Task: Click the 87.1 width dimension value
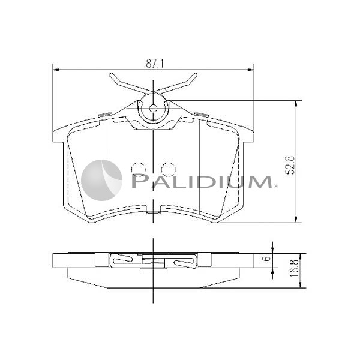pyautogui.click(x=153, y=62)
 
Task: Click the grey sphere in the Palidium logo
pyautogui.click(x=101, y=180)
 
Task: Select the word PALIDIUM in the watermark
pyautogui.click(x=201, y=181)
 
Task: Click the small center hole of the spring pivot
pyautogui.click(x=153, y=109)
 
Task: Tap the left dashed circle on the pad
pyautogui.click(x=138, y=169)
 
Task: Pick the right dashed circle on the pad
pyautogui.click(x=168, y=169)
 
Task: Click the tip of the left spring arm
pyautogui.click(x=112, y=76)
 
